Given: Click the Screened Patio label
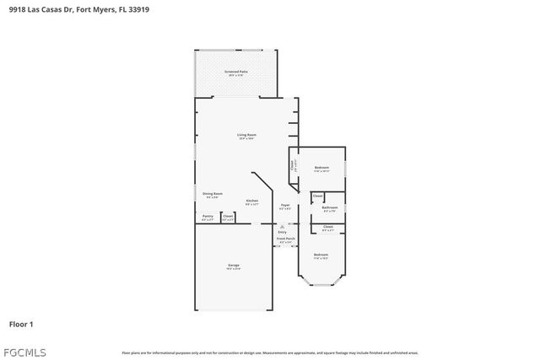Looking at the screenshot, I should click(235, 72).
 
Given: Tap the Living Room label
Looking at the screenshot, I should click(246, 134).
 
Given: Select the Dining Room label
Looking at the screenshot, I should click(212, 194).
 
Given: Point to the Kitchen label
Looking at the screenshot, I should click(251, 201).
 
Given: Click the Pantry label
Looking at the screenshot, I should click(208, 216).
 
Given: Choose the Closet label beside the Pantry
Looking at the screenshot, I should click(228, 216).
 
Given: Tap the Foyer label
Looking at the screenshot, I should click(285, 204).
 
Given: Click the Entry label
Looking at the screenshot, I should click(282, 232).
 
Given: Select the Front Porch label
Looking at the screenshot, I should click(285, 239).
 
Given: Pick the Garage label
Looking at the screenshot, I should click(233, 266).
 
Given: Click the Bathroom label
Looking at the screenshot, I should click(330, 207).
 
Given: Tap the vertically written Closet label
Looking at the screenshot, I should click(292, 165).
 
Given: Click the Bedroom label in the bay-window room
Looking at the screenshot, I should click(321, 255).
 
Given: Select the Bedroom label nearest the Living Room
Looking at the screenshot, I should click(321, 168).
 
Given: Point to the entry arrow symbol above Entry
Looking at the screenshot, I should click(282, 226).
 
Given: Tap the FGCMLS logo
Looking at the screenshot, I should click(24, 352).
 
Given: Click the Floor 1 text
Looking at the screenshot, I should click(21, 324).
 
